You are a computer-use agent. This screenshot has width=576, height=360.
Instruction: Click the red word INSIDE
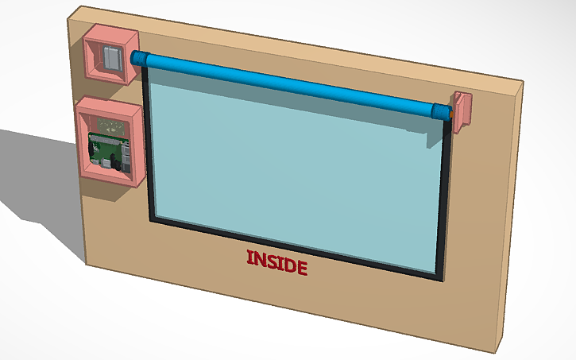276,261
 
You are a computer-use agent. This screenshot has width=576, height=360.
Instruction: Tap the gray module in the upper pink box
110,57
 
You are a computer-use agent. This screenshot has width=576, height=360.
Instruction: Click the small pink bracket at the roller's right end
462,108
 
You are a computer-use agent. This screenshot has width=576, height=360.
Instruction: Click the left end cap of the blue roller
138,58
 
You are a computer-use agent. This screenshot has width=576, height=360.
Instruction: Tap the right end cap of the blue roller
439,110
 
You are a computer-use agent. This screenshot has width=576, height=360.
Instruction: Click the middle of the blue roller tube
286,84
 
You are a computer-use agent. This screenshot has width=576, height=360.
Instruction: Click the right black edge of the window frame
445,199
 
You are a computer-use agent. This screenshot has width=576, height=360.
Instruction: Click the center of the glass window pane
294,167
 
